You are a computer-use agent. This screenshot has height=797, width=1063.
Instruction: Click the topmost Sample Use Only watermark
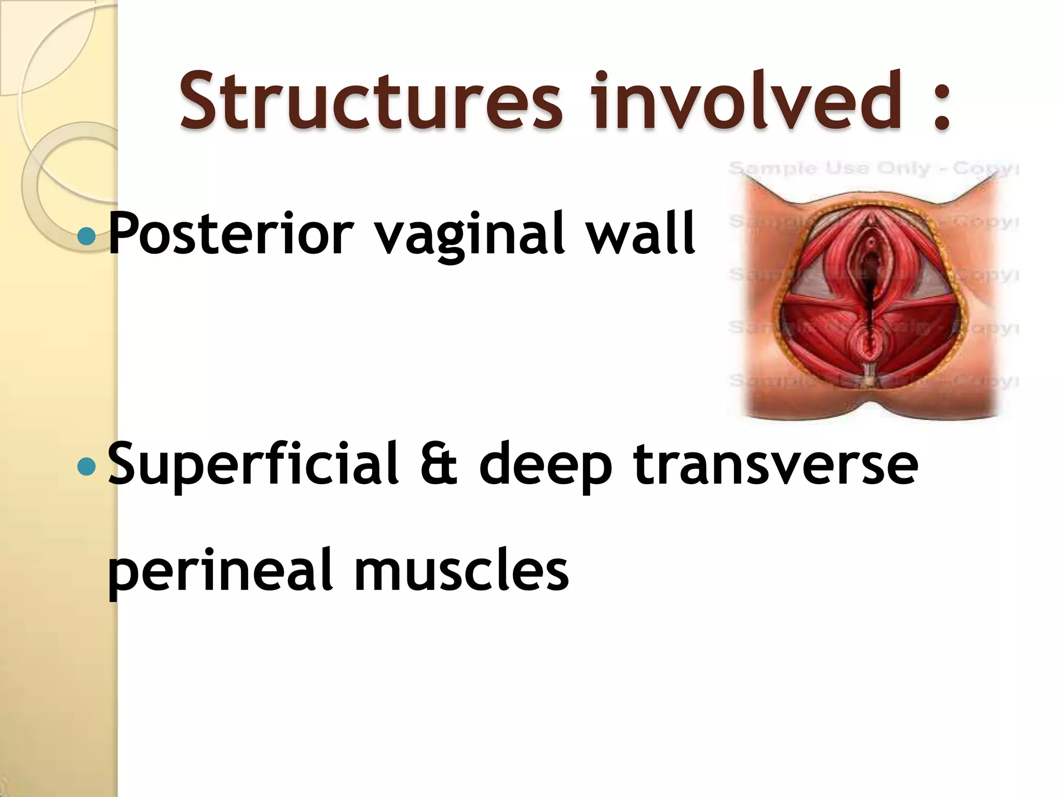[x=872, y=169]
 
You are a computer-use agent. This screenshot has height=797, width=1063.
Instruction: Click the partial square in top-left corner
[x=47, y=47]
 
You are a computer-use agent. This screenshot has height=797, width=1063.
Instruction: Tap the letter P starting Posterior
[x=125, y=233]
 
